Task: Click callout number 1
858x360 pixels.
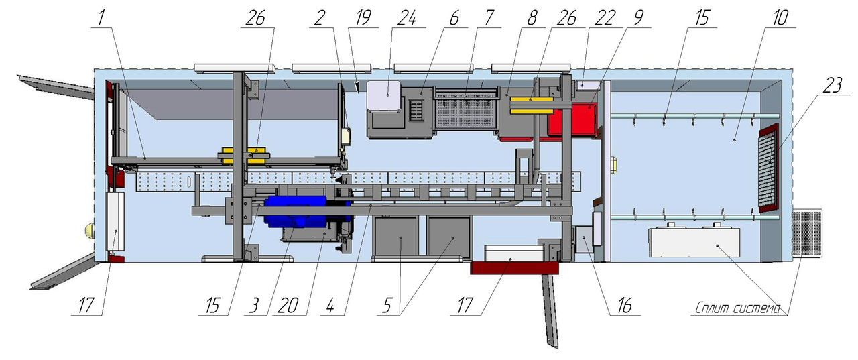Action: coord(101,18)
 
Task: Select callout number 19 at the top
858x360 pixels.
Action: coord(363,18)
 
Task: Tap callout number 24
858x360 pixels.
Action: coord(406,18)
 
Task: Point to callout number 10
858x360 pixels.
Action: coord(780,18)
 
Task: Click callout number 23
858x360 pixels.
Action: coord(832,85)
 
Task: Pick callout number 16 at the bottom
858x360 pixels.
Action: coord(624,306)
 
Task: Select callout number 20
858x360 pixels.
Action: coord(288,306)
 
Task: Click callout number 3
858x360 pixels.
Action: coord(253,306)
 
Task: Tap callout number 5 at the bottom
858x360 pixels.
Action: coord(387,306)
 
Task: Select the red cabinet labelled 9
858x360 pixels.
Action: coord(572,119)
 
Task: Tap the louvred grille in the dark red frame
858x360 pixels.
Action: coord(769,168)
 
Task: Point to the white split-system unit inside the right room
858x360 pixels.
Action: coord(694,242)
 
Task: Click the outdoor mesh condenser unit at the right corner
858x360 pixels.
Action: coord(806,233)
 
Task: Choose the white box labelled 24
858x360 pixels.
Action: coord(383,96)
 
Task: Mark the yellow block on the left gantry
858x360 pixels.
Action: coord(243,155)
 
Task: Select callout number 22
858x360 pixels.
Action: coord(605,18)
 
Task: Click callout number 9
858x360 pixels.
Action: coord(638,18)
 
